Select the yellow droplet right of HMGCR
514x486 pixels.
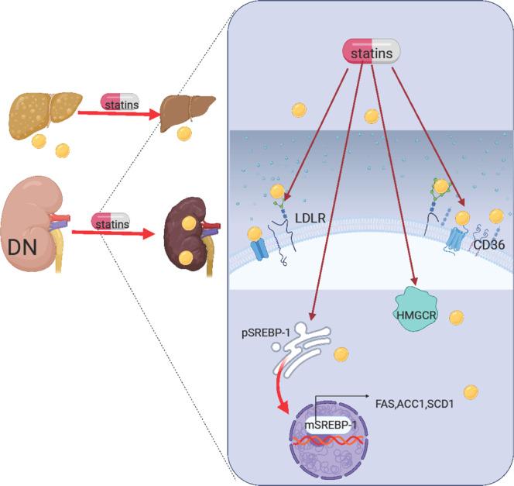[x=457, y=317]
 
